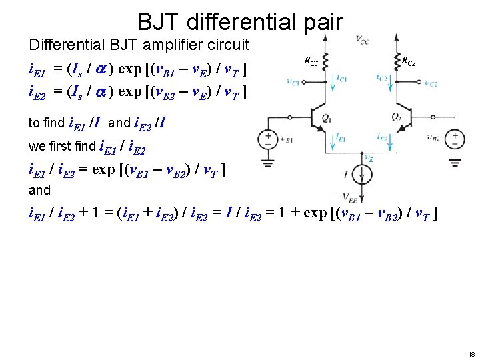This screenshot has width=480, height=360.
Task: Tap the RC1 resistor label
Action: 311,62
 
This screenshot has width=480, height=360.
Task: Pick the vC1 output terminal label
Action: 293,83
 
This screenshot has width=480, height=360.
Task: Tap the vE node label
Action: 368,158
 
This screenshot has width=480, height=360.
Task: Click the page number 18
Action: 471,353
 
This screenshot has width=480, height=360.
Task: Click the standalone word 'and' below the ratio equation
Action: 39,190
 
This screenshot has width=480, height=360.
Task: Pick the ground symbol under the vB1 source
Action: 267,161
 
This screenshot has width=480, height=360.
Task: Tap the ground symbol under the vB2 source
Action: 455,161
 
